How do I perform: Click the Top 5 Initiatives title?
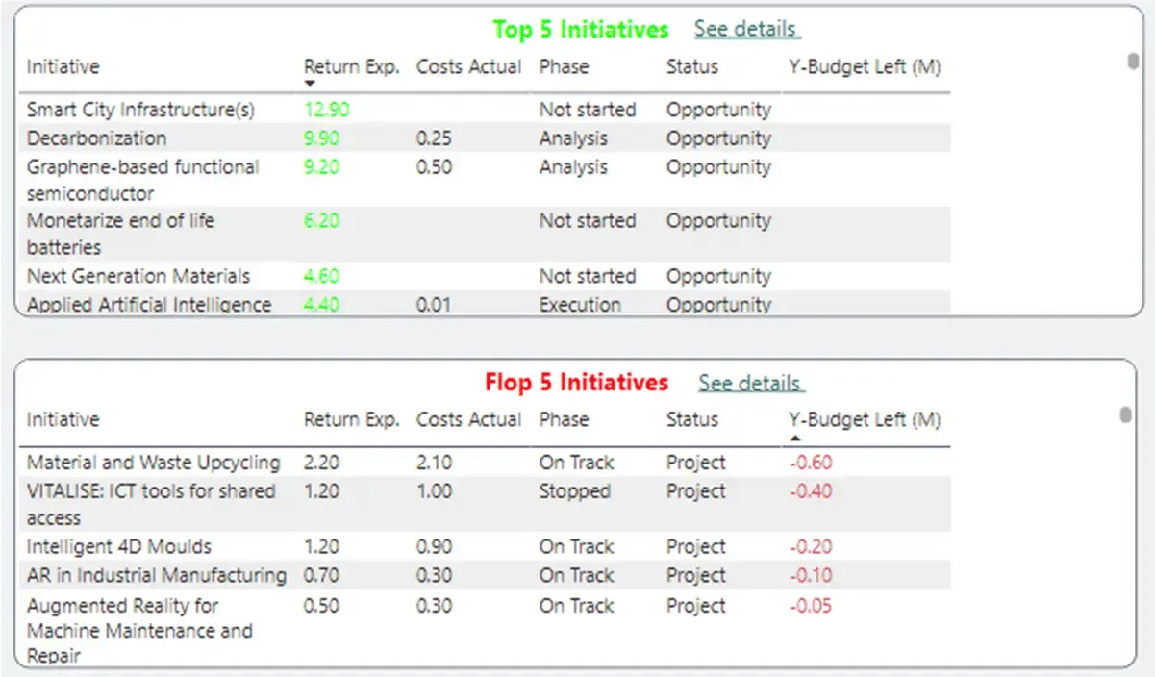point(580,30)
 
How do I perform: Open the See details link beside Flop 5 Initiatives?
point(749,383)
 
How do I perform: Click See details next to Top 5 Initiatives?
point(745,29)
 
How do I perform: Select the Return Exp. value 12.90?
point(327,110)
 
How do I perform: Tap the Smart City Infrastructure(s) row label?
point(140,110)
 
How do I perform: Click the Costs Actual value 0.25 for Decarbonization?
point(434,138)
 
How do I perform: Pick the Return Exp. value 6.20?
point(321,221)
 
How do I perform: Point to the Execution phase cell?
point(579,305)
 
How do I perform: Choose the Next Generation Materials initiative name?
point(138,276)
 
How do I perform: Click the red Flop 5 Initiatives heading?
point(576,383)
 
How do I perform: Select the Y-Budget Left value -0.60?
point(810,463)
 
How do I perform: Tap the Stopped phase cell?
point(574,491)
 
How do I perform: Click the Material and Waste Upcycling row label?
point(153,463)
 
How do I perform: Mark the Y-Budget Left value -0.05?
point(810,606)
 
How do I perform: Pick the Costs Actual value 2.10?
point(434,463)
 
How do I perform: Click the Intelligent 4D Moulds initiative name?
point(119,547)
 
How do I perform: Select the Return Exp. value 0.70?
point(321,576)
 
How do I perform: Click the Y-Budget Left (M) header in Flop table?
point(865,420)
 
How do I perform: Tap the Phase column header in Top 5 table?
point(564,66)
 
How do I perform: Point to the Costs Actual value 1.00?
point(434,491)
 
